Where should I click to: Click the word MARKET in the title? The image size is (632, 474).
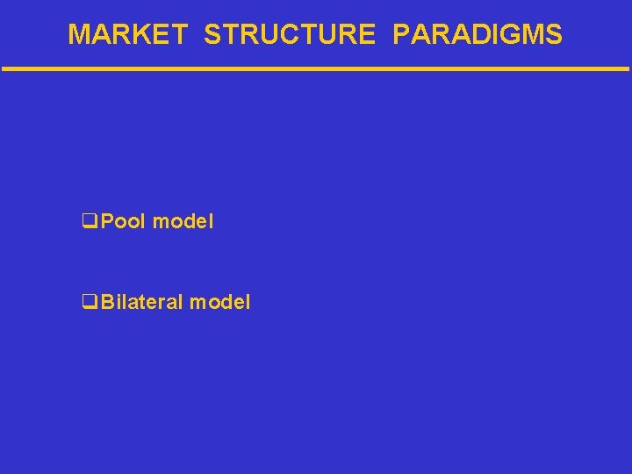tap(127, 34)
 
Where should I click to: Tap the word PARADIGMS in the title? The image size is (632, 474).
tap(478, 34)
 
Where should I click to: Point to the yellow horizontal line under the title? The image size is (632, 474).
tap(316, 68)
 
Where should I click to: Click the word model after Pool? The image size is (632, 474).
tap(183, 222)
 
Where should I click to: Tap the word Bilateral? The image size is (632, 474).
tap(142, 303)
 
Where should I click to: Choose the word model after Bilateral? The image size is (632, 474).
tap(220, 303)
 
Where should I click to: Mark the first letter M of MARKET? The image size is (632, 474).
tap(79, 34)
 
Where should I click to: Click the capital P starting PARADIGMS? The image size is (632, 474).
tap(402, 34)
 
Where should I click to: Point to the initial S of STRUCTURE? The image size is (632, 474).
tap(212, 34)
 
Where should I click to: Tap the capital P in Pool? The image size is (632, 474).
tap(107, 222)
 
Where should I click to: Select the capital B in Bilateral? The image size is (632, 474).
tap(107, 303)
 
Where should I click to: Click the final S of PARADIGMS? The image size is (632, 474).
tap(553, 34)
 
